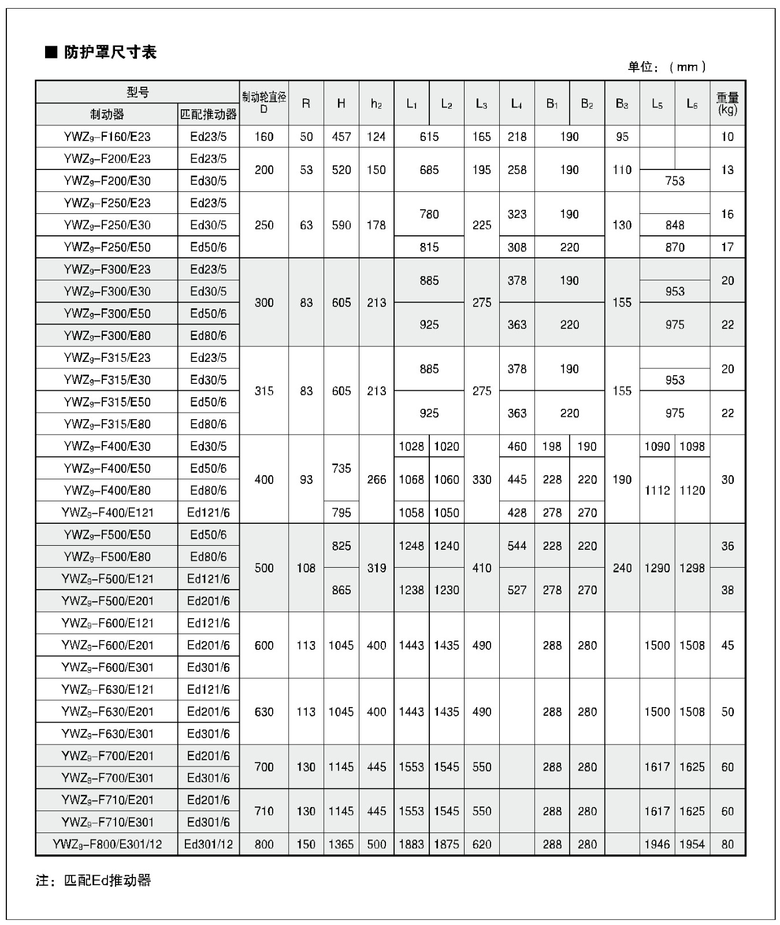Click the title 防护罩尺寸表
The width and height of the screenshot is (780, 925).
(x=110, y=53)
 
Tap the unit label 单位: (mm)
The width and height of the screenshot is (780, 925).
(x=667, y=67)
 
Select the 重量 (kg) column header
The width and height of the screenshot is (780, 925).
(x=727, y=103)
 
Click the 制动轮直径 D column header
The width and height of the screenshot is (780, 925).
(x=264, y=103)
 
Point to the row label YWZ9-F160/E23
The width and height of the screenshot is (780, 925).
(x=107, y=137)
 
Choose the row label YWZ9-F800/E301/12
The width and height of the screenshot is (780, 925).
(x=107, y=845)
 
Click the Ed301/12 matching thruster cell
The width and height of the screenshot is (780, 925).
(x=209, y=845)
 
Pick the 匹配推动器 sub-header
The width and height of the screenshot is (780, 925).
(x=209, y=114)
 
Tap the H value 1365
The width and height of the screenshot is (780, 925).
(x=341, y=845)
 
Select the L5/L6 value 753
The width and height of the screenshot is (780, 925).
(x=675, y=181)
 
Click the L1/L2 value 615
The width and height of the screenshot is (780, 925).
(x=429, y=137)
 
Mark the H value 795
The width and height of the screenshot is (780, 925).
(x=341, y=513)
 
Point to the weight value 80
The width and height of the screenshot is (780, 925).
(x=727, y=845)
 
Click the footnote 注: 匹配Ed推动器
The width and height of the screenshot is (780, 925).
(x=94, y=880)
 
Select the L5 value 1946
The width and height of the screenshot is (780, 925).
(x=657, y=845)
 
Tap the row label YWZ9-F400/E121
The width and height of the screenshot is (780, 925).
(x=107, y=513)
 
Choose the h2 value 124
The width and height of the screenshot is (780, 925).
(x=376, y=137)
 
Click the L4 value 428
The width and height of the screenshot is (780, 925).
(x=517, y=513)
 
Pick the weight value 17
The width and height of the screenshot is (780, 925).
(x=727, y=247)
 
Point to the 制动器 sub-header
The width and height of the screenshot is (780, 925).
(x=107, y=114)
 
